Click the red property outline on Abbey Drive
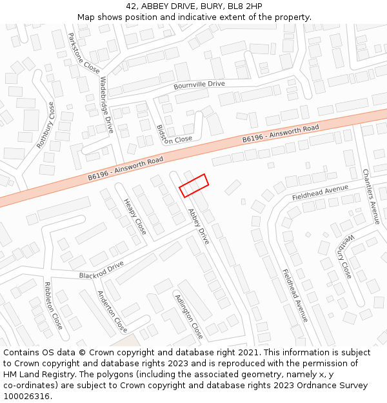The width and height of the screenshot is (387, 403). [193, 185]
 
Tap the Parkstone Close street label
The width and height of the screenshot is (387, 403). [84, 54]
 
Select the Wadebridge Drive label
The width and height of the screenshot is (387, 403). [106, 105]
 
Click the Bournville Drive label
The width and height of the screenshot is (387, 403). [199, 84]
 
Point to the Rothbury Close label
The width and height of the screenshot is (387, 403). [46, 125]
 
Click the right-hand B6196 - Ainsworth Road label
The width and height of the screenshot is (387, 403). [281, 134]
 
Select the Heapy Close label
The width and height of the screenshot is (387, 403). [135, 217]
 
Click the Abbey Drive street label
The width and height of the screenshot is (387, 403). [199, 226]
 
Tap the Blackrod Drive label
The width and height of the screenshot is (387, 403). [101, 270]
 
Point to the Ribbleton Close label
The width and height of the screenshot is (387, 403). [53, 305]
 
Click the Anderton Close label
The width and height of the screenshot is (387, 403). [112, 311]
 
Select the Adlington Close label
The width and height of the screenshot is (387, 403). [189, 316]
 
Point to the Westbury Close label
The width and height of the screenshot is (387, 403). [346, 256]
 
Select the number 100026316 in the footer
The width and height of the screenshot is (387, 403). [27, 396]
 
